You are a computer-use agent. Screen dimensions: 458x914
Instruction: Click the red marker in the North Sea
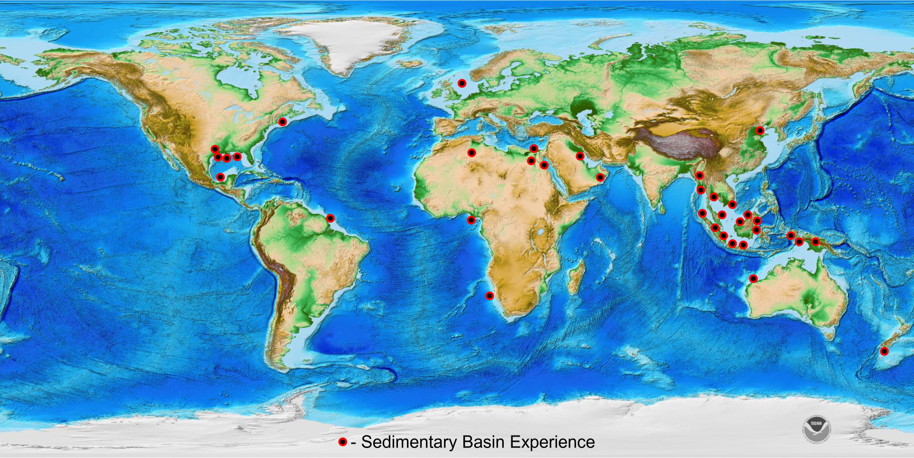[x=462, y=83]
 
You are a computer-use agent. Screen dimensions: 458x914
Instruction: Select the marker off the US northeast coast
[x=283, y=122]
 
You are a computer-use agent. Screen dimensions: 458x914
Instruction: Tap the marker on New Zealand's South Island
[x=884, y=352]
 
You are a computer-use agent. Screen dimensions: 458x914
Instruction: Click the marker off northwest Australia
[x=753, y=279]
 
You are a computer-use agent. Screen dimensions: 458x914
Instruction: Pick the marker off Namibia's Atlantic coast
[x=489, y=296]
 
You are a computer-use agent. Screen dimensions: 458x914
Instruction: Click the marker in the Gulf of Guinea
[x=471, y=220]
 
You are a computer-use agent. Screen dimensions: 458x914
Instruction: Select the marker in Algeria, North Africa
[x=472, y=153]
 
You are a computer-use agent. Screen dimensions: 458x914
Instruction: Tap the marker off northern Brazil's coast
[x=331, y=219]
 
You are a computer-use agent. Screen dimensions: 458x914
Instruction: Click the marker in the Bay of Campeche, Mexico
[x=221, y=177]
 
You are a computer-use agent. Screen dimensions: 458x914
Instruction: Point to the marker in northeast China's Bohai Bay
[x=760, y=131]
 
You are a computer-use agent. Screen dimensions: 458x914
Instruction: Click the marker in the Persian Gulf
[x=580, y=156]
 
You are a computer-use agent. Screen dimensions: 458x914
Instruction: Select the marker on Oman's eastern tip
[x=600, y=178]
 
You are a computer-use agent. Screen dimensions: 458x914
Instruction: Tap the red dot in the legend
[x=343, y=442]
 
